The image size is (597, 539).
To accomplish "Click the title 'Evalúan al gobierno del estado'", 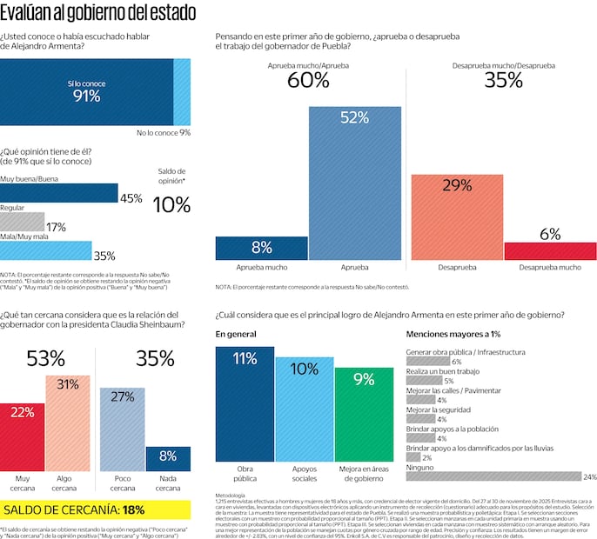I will coord(97,13).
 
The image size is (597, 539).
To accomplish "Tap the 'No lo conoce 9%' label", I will coord(164,132).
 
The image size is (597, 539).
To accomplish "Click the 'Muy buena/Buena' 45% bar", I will coord(59,192).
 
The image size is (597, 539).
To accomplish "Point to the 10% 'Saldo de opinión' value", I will coord(171,205).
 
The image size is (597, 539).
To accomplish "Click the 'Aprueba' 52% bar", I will coord(354,183).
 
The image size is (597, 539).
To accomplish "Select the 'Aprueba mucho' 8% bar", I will coord(261,248).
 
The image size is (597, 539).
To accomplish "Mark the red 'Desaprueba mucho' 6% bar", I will coord(550,250).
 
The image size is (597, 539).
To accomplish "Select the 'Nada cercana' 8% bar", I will coord(168,458).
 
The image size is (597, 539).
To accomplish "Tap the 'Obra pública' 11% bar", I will coord(245,403).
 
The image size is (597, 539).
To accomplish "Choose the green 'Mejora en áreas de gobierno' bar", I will coord(364,414).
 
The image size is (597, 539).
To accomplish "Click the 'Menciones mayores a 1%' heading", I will coord(453,334).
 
